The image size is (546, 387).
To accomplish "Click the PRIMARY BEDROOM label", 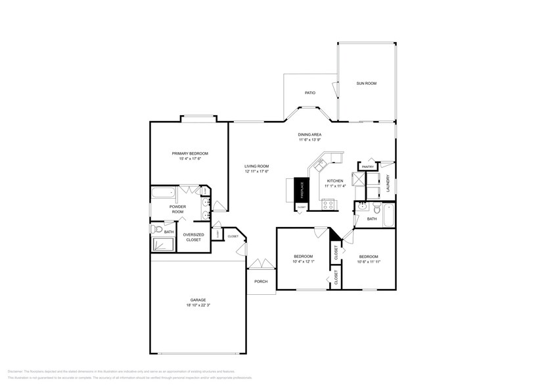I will (190, 153).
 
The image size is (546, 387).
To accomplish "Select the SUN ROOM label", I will (366, 84).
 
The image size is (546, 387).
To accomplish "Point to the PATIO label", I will (310, 93).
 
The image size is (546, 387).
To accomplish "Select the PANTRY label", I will (367, 167).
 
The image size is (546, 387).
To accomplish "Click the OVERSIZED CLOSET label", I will (193, 237).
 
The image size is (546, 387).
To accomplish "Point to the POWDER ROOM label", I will (177, 209).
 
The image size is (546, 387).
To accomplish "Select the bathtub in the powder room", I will (163, 193).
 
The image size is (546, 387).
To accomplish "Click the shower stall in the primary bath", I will (163, 244).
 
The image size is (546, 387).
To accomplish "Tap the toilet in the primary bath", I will (155, 230).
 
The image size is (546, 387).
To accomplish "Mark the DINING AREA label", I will (309, 134).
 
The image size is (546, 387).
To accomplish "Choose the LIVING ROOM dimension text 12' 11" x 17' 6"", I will (256, 172).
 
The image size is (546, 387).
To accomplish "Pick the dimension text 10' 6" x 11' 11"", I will (369, 261).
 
